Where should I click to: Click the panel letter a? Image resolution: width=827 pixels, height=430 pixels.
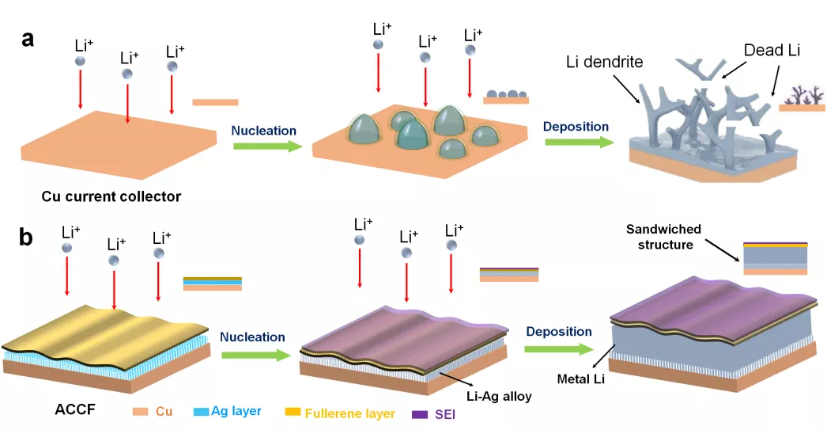pos(28,37)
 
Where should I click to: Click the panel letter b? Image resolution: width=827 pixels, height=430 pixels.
pos(28,237)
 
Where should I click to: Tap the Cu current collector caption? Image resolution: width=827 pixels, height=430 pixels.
pos(112,196)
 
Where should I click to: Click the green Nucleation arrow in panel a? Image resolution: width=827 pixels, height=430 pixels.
pos(266,146)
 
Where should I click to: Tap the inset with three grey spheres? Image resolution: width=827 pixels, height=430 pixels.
pos(506,97)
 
